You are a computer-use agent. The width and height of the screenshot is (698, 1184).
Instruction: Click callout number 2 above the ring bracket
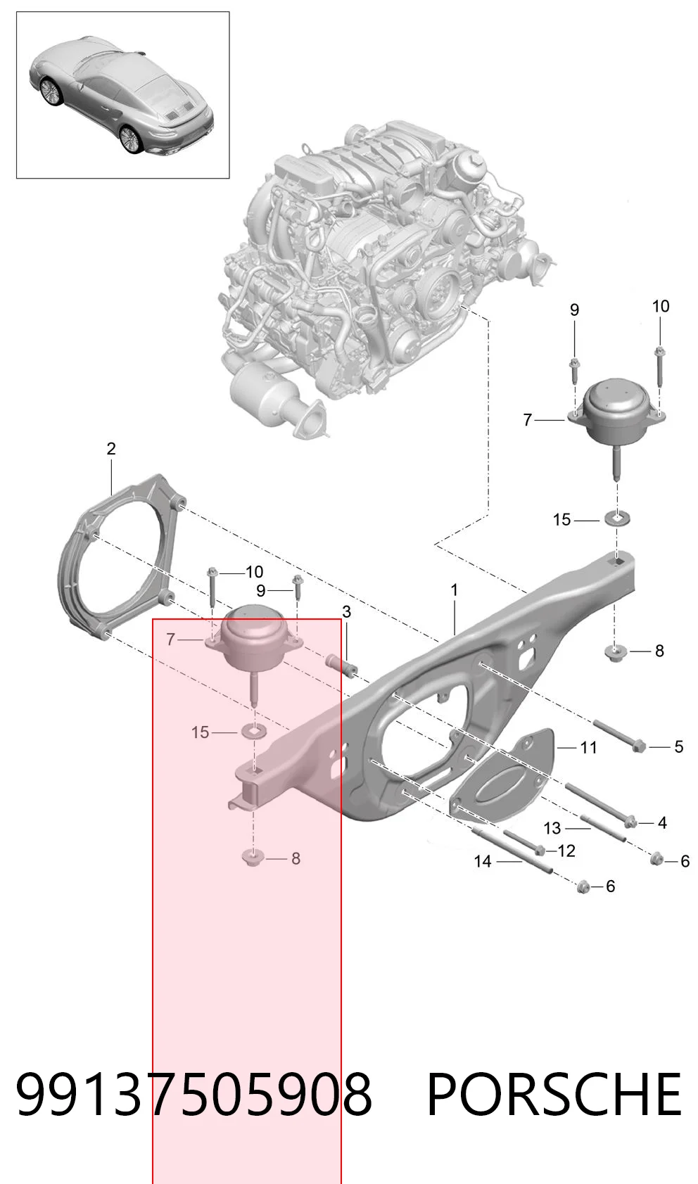click(x=110, y=449)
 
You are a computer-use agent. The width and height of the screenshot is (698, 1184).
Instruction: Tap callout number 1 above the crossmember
click(x=454, y=590)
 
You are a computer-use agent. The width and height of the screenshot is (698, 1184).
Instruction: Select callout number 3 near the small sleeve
click(x=346, y=612)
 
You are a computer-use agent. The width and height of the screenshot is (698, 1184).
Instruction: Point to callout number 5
click(x=678, y=747)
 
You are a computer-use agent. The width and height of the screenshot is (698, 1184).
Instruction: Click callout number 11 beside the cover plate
click(x=588, y=748)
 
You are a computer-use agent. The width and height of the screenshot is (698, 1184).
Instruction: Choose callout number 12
click(x=566, y=851)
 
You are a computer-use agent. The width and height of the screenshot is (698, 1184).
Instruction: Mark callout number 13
click(x=552, y=828)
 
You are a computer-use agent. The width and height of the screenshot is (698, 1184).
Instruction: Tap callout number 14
click(x=483, y=862)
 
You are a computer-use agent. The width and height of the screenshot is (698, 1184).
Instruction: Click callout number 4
click(x=662, y=823)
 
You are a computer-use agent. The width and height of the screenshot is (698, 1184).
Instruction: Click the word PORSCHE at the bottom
click(x=554, y=1094)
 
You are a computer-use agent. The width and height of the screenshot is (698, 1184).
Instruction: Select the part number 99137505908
click(x=194, y=1094)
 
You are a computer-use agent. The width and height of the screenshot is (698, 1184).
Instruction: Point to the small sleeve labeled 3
click(x=341, y=666)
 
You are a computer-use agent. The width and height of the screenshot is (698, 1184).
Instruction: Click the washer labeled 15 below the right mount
click(x=617, y=518)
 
